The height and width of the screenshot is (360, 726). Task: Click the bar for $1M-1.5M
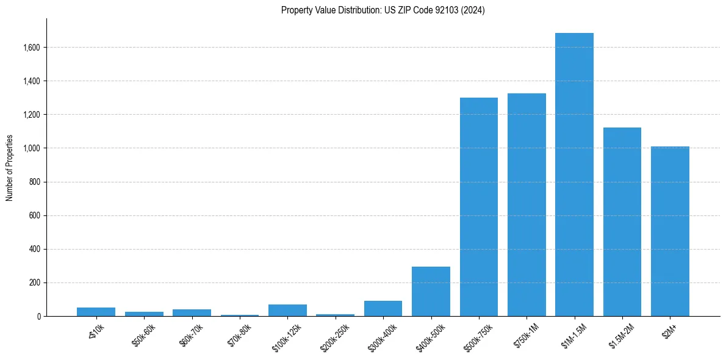click(574, 175)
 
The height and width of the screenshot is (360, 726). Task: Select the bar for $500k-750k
click(479, 207)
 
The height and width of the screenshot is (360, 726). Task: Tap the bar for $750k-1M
click(527, 205)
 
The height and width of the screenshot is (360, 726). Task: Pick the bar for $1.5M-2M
click(622, 222)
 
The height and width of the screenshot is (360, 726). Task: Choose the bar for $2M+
click(670, 231)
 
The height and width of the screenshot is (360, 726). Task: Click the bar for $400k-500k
click(431, 292)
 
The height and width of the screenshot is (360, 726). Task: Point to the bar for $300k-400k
click(383, 309)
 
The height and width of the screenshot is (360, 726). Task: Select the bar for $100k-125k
click(287, 311)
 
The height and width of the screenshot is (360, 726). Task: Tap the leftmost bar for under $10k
click(96, 312)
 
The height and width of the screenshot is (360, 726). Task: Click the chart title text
click(383, 10)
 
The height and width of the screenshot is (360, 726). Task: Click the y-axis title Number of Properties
click(10, 168)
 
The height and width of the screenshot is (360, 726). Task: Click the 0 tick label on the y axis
click(39, 317)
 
